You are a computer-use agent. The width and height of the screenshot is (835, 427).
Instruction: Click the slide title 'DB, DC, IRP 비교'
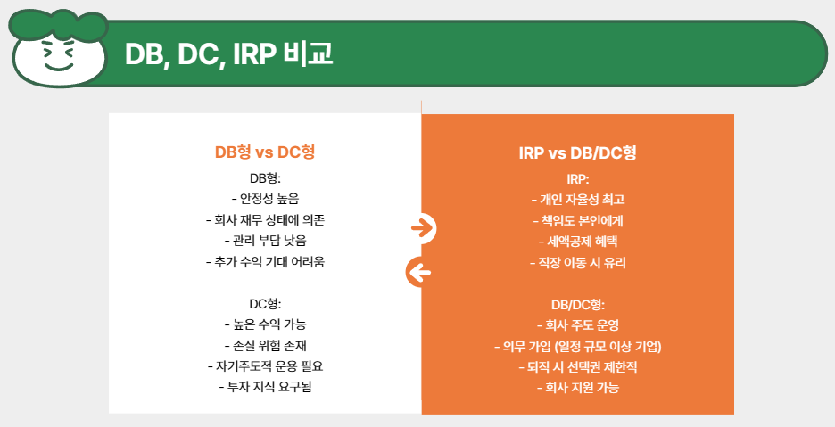[228, 54]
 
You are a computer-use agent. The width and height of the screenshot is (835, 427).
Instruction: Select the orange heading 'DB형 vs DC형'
[265, 152]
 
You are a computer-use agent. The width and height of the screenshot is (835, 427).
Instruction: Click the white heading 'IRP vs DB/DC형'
[577, 152]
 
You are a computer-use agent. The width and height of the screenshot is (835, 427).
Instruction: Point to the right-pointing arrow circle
[421, 229]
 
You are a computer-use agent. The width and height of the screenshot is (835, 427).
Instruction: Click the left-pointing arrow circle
[420, 272]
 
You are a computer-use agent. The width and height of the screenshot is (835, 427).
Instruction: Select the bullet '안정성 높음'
[265, 198]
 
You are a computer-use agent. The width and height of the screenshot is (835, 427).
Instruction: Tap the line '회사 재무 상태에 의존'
[265, 219]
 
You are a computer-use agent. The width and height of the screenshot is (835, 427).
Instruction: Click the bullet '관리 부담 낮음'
[265, 241]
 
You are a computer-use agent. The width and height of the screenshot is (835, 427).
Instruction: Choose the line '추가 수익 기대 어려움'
[265, 262]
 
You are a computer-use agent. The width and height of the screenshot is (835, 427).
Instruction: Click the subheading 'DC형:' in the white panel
[265, 303]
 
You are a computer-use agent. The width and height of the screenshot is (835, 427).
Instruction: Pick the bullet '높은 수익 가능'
[265, 324]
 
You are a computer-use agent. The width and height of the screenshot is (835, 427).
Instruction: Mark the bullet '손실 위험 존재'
[265, 345]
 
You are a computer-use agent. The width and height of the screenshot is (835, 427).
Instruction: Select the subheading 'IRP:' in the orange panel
[577, 178]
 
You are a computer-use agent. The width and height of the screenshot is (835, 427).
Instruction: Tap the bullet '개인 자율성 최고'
[577, 199]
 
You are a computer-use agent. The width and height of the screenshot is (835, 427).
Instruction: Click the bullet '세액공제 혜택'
[577, 242]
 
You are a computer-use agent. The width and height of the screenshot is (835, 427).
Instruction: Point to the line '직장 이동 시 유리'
[577, 263]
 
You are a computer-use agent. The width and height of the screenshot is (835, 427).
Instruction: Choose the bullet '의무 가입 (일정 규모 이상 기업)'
[577, 346]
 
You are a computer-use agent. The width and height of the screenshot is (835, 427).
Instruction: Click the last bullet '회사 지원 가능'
[577, 388]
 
